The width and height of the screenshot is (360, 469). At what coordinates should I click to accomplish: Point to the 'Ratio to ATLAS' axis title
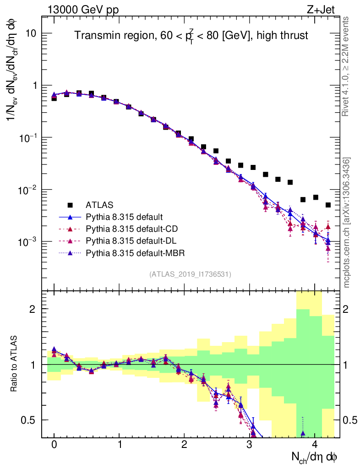pyautogui.click(x=15, y=364)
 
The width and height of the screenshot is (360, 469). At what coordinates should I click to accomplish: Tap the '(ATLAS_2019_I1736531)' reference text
pyautogui.click(x=190, y=274)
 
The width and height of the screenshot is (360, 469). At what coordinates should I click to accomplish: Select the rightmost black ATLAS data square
pyautogui.click(x=328, y=205)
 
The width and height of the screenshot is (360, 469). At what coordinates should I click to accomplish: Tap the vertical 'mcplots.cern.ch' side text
pyautogui.click(x=347, y=222)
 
